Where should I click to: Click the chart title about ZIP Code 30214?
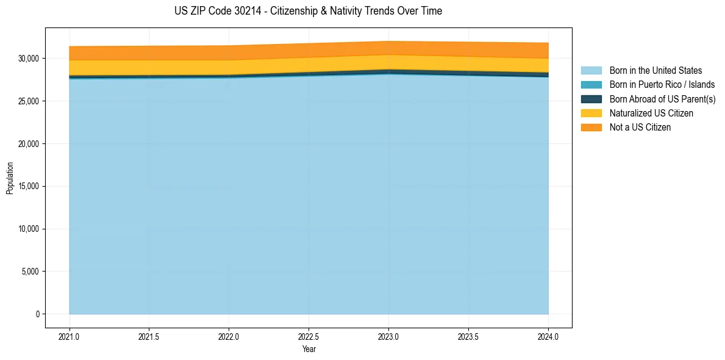point(308,11)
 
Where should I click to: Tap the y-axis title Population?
point(10,178)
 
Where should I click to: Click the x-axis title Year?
point(309,349)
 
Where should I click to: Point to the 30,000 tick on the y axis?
point(29,59)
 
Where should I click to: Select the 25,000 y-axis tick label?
point(29,101)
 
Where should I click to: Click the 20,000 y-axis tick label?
point(29,144)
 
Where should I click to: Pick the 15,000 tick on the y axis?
point(29,186)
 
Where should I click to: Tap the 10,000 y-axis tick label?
point(29,229)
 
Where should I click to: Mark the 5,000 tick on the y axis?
point(30,272)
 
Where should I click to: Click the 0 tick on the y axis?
point(37,314)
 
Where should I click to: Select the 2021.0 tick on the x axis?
point(70,336)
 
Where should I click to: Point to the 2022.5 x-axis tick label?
point(309,336)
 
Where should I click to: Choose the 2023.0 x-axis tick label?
point(388,336)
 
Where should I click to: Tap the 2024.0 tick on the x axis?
point(548,336)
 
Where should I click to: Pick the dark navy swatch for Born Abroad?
point(591,99)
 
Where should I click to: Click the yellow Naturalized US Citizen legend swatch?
point(591,113)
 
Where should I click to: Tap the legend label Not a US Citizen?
point(640,128)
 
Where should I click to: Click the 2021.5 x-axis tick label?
point(149,336)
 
